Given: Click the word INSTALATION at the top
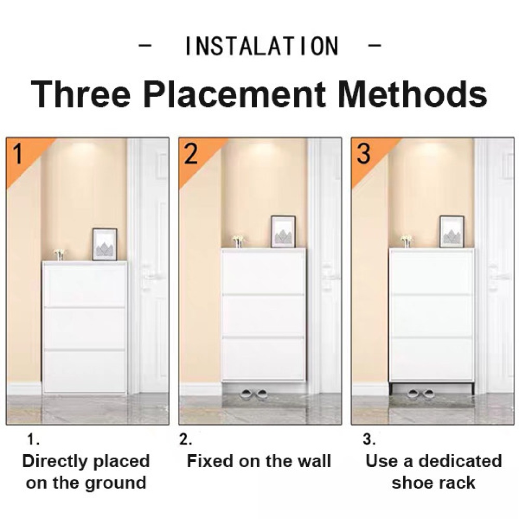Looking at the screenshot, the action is [262, 46].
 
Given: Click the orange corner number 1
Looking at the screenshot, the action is [18, 154].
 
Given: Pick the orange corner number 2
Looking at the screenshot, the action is [191, 154].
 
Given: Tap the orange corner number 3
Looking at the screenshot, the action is [363, 154].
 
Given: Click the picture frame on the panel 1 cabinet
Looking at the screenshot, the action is [105, 244].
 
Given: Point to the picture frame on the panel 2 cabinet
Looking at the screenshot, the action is [283, 231].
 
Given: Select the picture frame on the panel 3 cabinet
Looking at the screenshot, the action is [452, 231].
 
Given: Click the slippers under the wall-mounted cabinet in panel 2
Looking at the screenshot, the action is [254, 394].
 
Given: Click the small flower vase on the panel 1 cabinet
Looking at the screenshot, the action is [59, 254].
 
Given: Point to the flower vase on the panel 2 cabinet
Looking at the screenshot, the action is [238, 242].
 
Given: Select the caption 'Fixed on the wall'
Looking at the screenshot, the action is [259, 461].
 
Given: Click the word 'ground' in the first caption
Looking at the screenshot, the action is [116, 483].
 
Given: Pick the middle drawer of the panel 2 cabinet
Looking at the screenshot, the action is [263, 316].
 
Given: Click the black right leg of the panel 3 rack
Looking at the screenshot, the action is [473, 388].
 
